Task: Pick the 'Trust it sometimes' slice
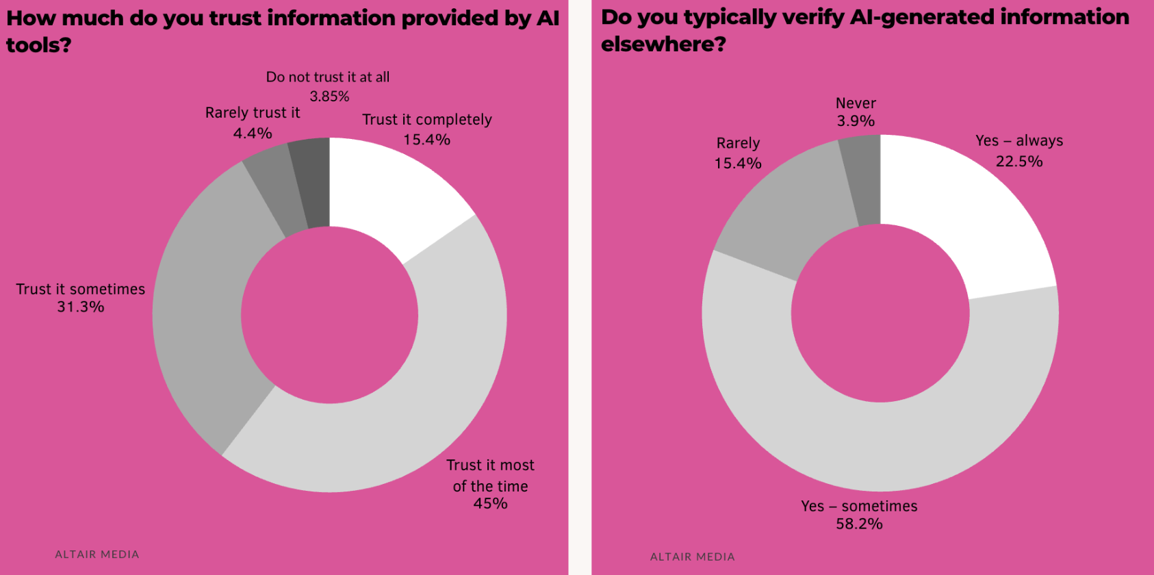click(x=205, y=308)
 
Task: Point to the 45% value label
click(x=490, y=504)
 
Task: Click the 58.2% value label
click(x=859, y=524)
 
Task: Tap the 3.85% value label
click(x=329, y=97)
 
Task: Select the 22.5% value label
click(x=1018, y=162)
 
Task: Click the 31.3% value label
click(x=81, y=307)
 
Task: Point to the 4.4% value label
click(x=253, y=133)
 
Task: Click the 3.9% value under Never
click(x=856, y=121)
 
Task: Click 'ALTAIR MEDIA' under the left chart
click(x=97, y=554)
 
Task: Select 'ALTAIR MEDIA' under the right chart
click(x=692, y=557)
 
